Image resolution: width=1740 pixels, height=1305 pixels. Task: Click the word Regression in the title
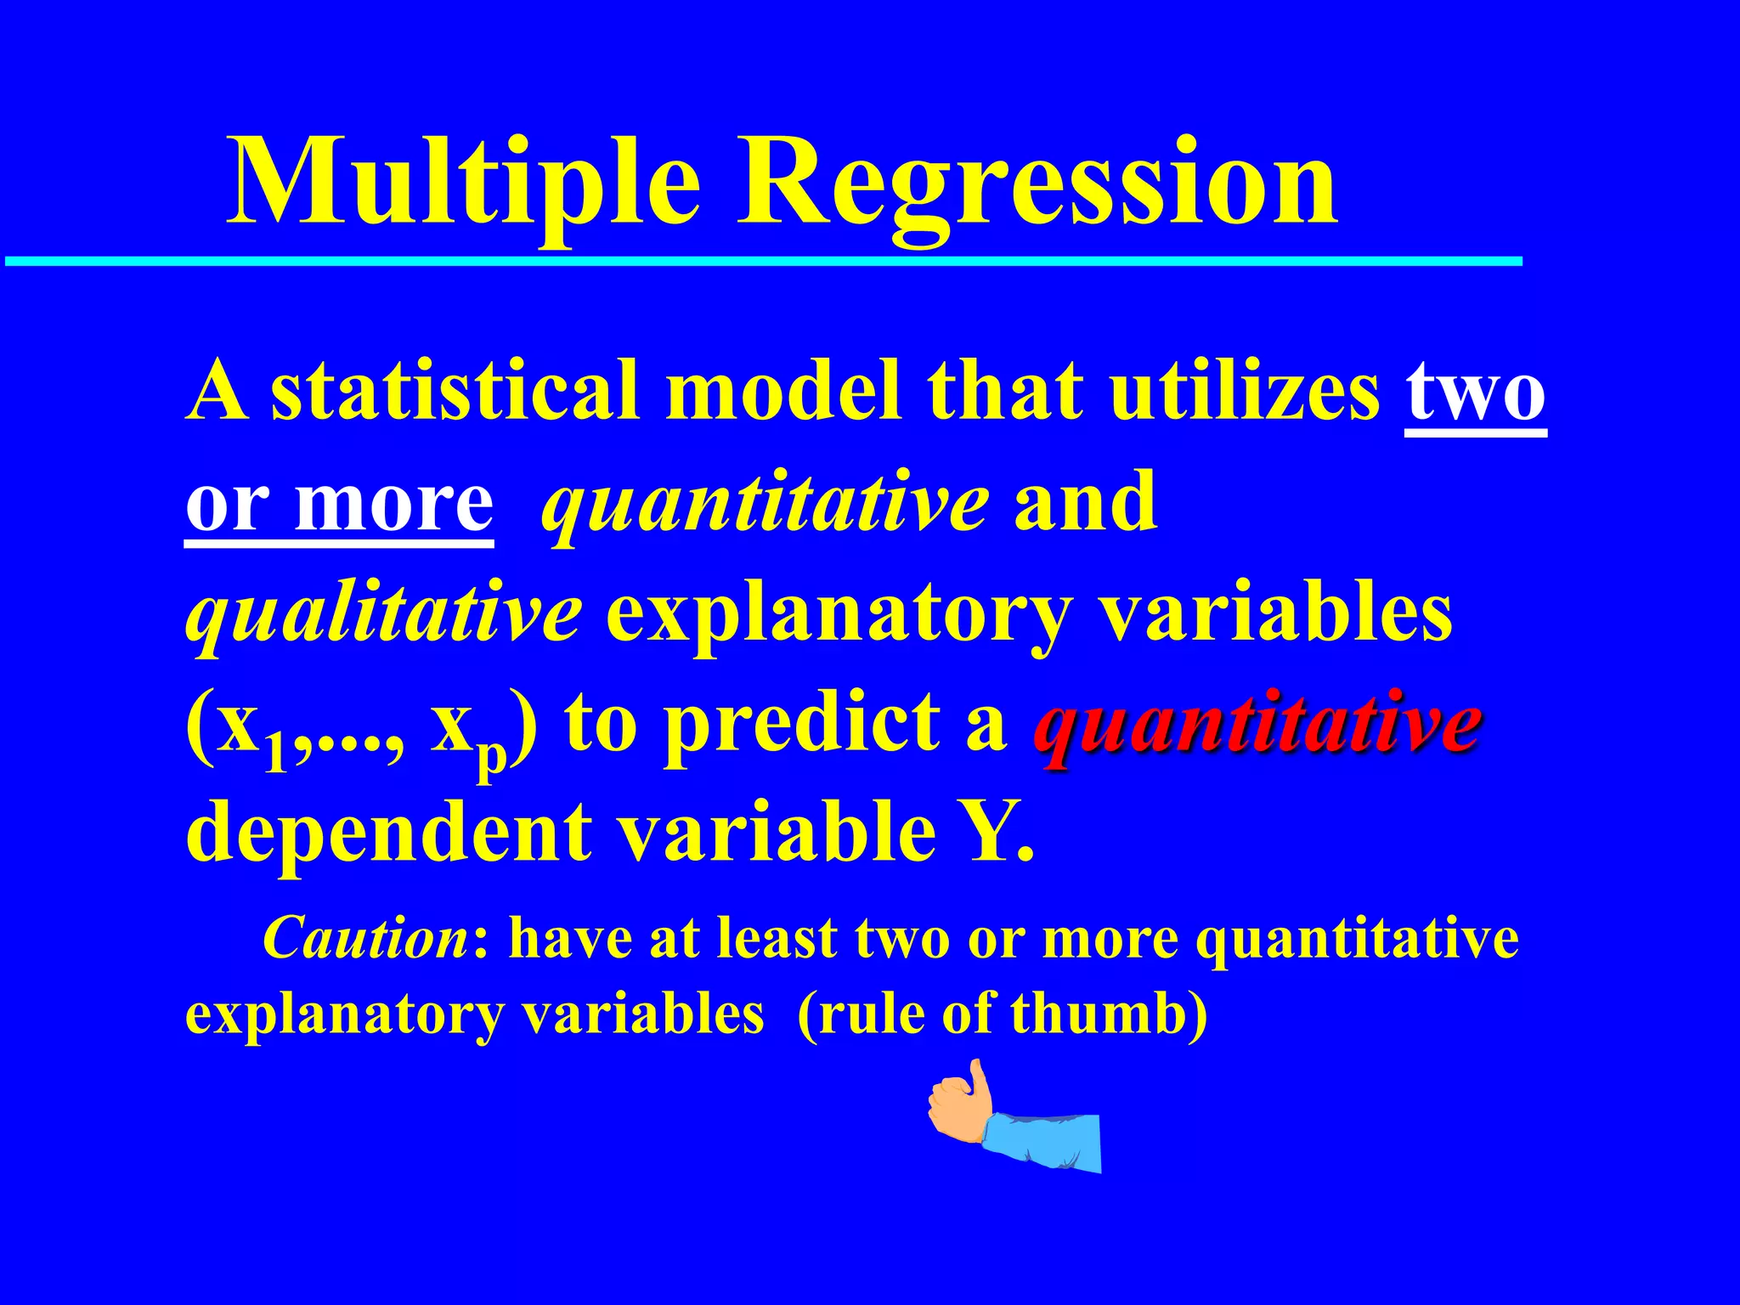pos(1037,183)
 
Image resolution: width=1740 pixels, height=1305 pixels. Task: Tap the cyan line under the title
pos(765,262)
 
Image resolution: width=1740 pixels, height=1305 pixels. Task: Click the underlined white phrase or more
pos(340,503)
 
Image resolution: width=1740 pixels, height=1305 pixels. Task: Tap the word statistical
pos(455,391)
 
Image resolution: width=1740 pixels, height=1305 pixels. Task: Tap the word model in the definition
pos(782,391)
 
